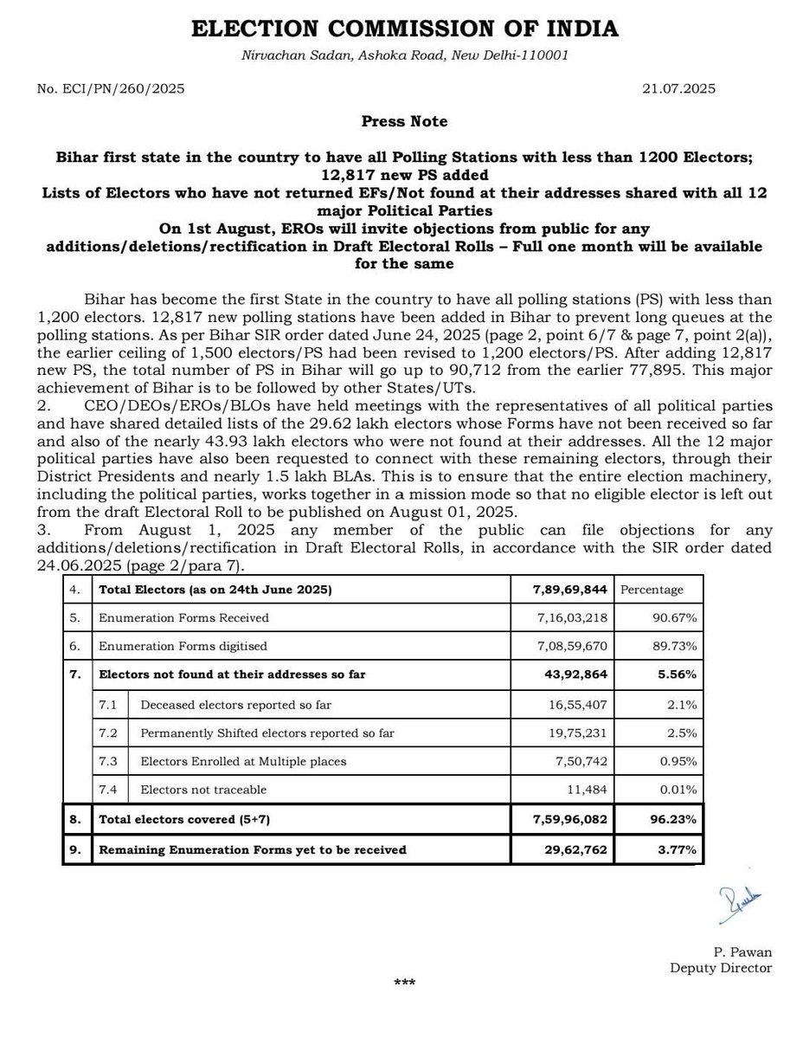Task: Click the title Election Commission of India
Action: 404,29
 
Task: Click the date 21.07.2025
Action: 678,88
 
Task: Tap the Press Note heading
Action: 404,121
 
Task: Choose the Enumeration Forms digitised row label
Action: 183,646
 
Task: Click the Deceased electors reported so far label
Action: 235,705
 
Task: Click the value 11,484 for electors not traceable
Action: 585,790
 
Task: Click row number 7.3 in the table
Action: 109,761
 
